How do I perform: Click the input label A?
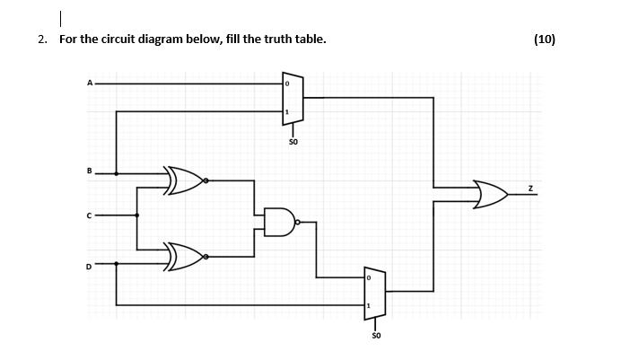coord(90,83)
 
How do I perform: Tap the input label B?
coord(90,169)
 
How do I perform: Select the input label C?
coord(90,215)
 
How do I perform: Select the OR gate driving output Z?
coord(490,193)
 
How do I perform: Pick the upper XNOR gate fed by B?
coord(185,180)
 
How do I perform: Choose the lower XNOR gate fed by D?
coord(185,258)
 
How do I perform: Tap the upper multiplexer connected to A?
coord(293,98)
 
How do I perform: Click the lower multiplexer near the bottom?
coord(374,293)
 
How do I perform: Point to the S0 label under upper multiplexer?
coord(293,141)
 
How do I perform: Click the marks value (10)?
coord(544,39)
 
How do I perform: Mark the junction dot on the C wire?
coord(137,215)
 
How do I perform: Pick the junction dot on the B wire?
coord(117,173)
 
